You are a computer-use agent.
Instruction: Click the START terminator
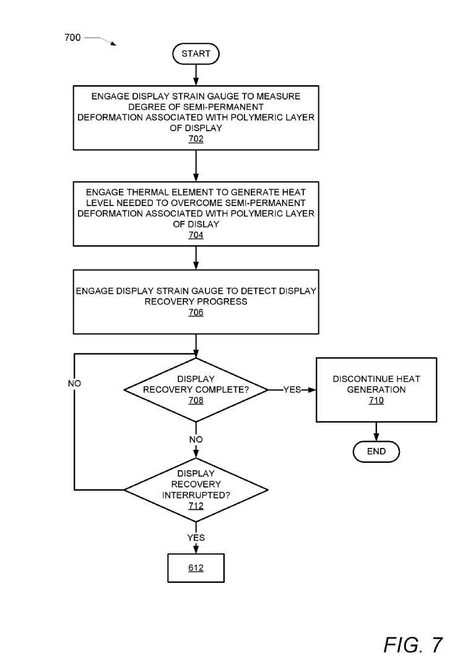(x=196, y=54)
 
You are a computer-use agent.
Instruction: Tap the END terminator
(x=376, y=451)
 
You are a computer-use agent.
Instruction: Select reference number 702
(x=196, y=139)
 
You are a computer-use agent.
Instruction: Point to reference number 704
(x=196, y=235)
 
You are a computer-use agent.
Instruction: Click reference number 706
(x=196, y=312)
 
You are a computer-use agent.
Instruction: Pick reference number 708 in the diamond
(x=196, y=401)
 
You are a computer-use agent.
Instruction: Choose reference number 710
(x=376, y=401)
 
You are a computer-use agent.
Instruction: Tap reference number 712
(x=196, y=506)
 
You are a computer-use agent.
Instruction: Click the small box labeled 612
(x=196, y=568)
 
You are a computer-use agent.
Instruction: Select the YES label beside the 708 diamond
(x=292, y=390)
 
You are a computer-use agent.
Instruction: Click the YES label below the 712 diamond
(x=196, y=538)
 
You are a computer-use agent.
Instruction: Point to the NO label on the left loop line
(x=74, y=384)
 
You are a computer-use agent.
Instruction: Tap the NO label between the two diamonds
(x=196, y=439)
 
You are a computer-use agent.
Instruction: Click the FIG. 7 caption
(x=413, y=645)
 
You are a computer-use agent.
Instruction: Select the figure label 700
(x=72, y=37)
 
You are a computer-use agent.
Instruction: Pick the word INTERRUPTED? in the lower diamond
(x=196, y=495)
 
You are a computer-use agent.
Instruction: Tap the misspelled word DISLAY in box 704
(x=202, y=224)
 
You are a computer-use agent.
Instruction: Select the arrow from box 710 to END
(x=376, y=432)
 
